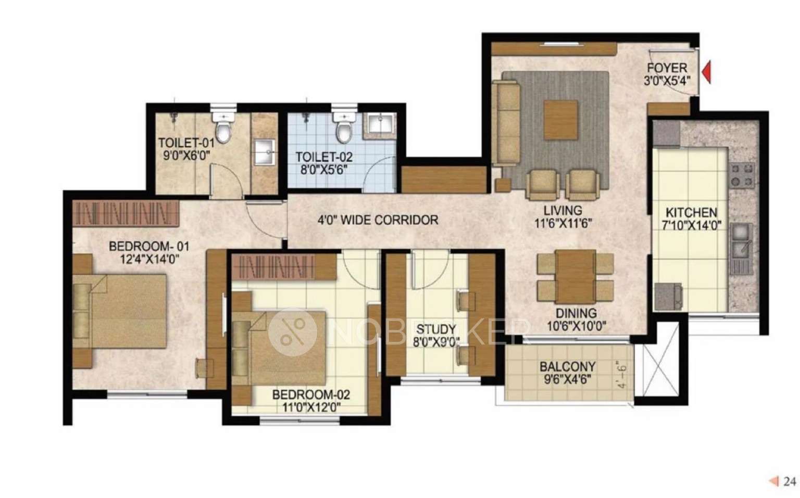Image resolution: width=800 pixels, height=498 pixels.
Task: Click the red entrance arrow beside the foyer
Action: pos(707,72)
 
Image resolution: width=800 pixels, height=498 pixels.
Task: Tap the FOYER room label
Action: pos(667,68)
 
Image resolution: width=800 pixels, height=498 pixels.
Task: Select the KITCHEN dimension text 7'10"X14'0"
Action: pos(691,225)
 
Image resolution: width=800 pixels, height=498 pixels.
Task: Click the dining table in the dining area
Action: pos(576,276)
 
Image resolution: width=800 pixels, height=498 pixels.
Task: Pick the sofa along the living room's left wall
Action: pos(507,122)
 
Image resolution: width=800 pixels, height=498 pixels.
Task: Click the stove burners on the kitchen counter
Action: pos(742,175)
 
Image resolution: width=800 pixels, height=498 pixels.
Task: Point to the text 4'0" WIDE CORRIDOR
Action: pos(378,220)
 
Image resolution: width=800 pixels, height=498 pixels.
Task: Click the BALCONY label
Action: pos(567,366)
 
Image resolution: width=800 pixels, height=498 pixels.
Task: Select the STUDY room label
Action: pos(436,329)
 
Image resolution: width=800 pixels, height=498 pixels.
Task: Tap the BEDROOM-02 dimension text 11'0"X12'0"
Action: pos(311,407)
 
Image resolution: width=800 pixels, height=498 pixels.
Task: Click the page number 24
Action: pos(790,481)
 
